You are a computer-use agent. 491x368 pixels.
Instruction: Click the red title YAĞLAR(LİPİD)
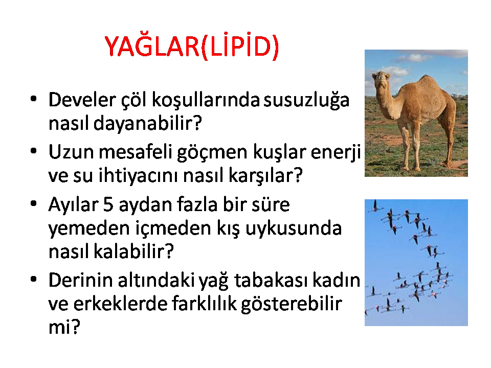(x=192, y=47)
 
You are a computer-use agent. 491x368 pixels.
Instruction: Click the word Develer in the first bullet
(x=82, y=100)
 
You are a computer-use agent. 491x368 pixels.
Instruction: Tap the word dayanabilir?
(x=147, y=123)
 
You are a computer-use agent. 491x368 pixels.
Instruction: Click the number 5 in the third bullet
(x=108, y=205)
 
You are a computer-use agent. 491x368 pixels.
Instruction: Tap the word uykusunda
(x=293, y=229)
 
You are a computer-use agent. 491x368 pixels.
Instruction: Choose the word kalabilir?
(x=133, y=251)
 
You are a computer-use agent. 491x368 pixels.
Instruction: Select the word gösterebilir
(x=291, y=304)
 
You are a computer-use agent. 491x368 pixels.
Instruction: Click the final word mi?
(x=64, y=327)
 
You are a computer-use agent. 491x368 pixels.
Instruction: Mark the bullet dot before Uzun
(x=34, y=151)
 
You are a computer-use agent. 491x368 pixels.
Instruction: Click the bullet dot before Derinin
(x=34, y=279)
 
